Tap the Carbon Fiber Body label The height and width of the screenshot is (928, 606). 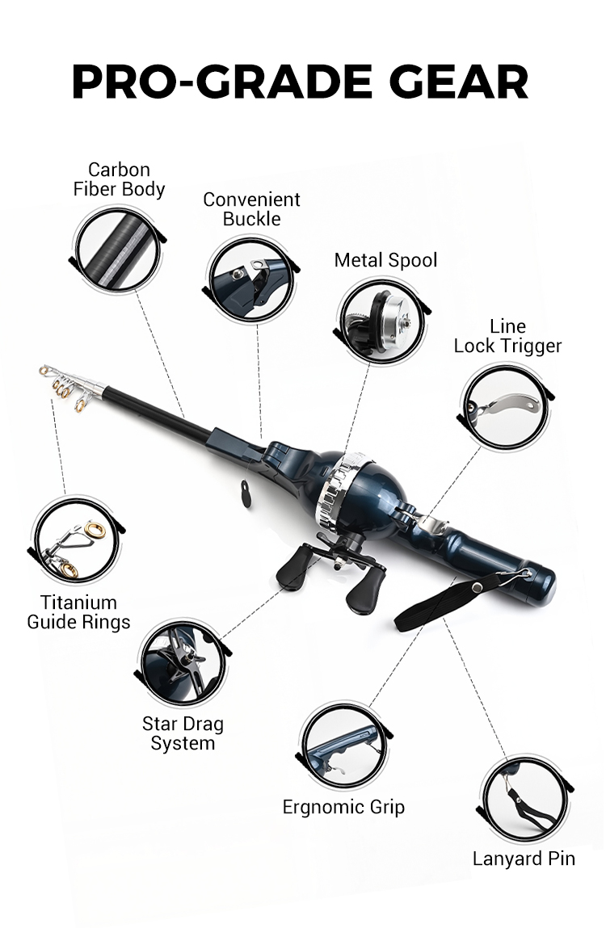pyautogui.click(x=119, y=179)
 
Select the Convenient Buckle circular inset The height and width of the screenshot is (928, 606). pyautogui.click(x=251, y=279)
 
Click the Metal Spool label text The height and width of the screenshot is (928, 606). pyautogui.click(x=385, y=260)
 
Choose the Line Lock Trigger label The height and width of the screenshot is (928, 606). pyautogui.click(x=507, y=336)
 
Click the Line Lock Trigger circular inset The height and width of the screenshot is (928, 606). pyautogui.click(x=505, y=406)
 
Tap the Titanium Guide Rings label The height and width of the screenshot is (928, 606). pyautogui.click(x=78, y=612)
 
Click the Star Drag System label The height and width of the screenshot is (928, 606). pyautogui.click(x=183, y=733)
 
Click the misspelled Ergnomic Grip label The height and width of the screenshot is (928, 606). pyautogui.click(x=343, y=807)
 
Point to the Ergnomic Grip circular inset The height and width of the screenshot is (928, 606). pyautogui.click(x=344, y=745)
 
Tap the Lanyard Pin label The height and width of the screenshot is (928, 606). pyautogui.click(x=524, y=859)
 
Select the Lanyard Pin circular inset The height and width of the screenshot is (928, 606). pyautogui.click(x=525, y=799)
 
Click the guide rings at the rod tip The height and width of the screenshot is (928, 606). pyautogui.click(x=68, y=386)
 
